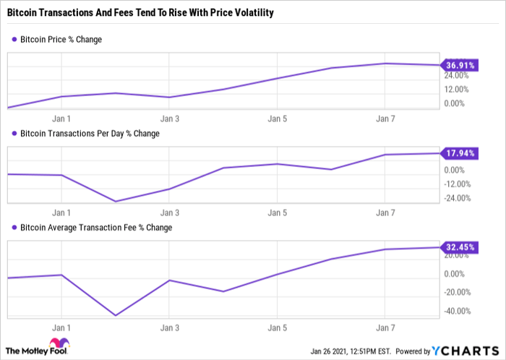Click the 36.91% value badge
(x=459, y=65)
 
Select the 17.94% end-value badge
(x=459, y=153)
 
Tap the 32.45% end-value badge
(x=459, y=247)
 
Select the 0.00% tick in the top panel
(x=455, y=103)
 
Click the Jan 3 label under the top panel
(x=169, y=117)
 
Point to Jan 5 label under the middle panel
(x=276, y=213)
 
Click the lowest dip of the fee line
(x=116, y=315)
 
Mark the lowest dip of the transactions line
(x=116, y=202)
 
